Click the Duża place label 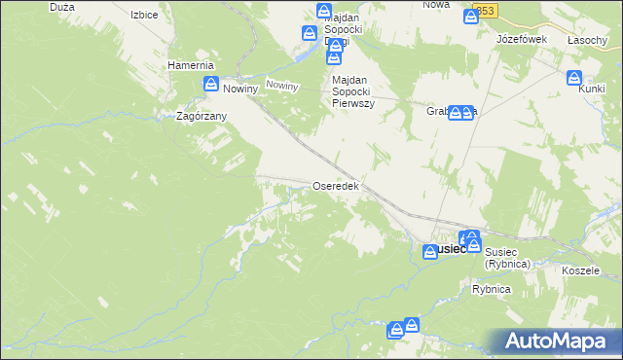[x=60, y=6]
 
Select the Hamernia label [x=190, y=65]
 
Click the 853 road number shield [x=484, y=10]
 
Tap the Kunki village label [x=592, y=89]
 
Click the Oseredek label [x=336, y=185]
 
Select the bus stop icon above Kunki [x=574, y=78]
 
